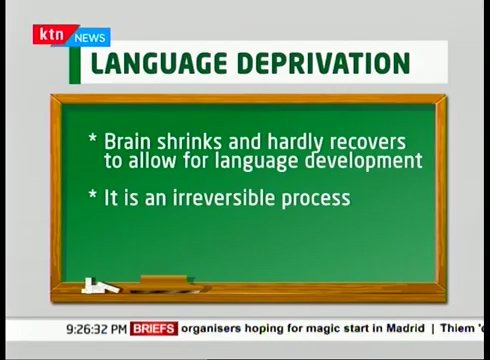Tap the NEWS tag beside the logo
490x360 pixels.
tap(90, 37)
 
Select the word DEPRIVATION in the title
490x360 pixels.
tap(323, 64)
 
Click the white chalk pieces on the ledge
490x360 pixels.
tap(101, 287)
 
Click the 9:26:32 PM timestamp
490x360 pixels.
tap(97, 328)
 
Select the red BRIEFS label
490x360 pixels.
tap(154, 328)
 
